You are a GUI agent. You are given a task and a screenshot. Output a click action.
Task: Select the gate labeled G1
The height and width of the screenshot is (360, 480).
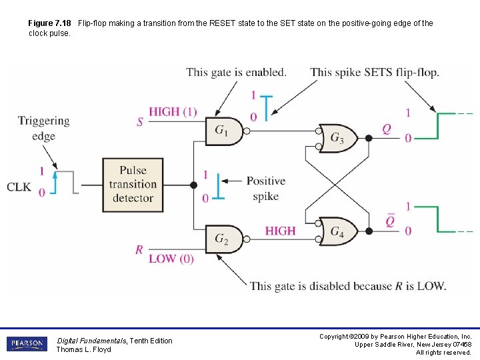(x=223, y=131)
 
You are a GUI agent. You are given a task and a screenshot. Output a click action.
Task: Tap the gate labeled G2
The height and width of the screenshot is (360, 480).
(x=223, y=239)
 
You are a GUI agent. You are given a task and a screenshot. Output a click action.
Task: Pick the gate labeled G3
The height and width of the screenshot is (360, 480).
(x=338, y=138)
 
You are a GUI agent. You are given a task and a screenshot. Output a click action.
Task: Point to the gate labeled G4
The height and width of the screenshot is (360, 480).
(x=338, y=231)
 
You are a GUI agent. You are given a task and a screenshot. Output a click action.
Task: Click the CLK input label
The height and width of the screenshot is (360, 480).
(x=19, y=187)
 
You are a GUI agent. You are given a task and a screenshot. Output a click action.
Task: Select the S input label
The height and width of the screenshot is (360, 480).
(x=140, y=122)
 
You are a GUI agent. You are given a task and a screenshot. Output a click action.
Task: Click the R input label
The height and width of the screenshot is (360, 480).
(x=139, y=250)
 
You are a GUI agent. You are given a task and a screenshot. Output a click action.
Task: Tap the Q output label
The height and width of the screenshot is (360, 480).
(x=387, y=129)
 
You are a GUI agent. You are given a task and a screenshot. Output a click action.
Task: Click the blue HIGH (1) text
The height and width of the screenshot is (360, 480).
(x=173, y=112)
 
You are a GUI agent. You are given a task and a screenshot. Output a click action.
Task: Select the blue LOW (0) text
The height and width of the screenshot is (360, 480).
(x=171, y=259)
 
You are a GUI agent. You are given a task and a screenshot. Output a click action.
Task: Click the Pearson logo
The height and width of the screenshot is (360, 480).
(x=27, y=344)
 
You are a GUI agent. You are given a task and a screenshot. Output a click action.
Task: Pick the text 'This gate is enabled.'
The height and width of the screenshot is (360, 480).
(x=236, y=72)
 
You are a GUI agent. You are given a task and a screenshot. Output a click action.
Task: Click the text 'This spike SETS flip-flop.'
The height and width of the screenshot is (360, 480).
(x=375, y=72)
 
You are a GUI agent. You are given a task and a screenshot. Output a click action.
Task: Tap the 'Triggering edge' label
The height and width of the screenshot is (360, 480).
(x=43, y=128)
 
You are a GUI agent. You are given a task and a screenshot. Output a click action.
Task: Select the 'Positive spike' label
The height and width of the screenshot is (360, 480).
(x=265, y=189)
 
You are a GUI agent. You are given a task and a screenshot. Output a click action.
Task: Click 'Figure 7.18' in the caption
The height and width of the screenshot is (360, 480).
(x=51, y=23)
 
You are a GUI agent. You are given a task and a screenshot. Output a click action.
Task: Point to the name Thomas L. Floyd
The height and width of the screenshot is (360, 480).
(x=83, y=349)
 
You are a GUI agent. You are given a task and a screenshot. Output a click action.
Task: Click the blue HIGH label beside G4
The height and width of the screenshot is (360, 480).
(x=280, y=231)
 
